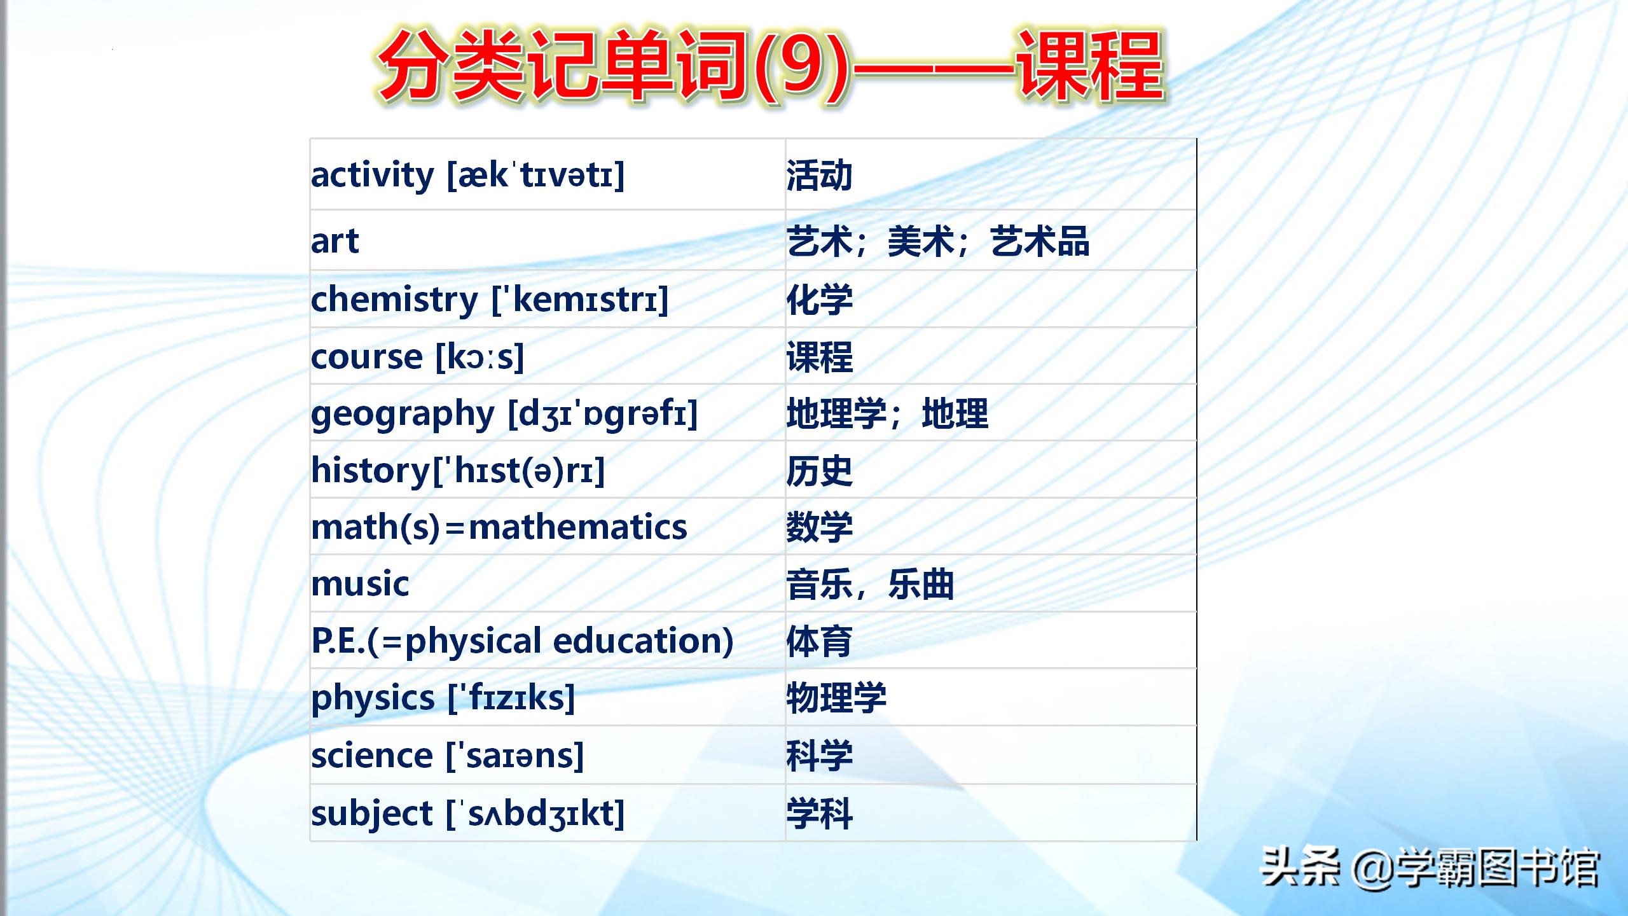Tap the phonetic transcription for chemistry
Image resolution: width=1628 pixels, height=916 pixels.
coord(580,300)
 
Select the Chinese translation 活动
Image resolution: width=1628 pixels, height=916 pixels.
coord(819,176)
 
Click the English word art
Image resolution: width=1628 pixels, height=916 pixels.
coord(335,241)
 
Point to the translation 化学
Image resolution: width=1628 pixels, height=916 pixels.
coord(819,300)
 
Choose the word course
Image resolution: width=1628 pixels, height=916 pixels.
coord(367,357)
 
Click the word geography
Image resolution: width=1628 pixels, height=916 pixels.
coord(403,415)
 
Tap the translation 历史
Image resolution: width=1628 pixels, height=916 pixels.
coord(819,471)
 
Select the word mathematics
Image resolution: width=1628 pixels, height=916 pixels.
coord(577,527)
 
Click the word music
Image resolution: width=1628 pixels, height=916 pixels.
coord(360,584)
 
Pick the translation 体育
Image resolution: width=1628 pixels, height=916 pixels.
coord(819,641)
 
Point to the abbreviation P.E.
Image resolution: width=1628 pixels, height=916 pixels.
coord(338,641)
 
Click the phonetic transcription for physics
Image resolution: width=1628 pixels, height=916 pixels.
coord(511,698)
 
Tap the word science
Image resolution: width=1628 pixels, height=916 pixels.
coord(372,756)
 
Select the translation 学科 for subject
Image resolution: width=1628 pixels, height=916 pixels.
coord(819,814)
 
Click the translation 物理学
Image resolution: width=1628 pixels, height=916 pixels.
coord(836,698)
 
